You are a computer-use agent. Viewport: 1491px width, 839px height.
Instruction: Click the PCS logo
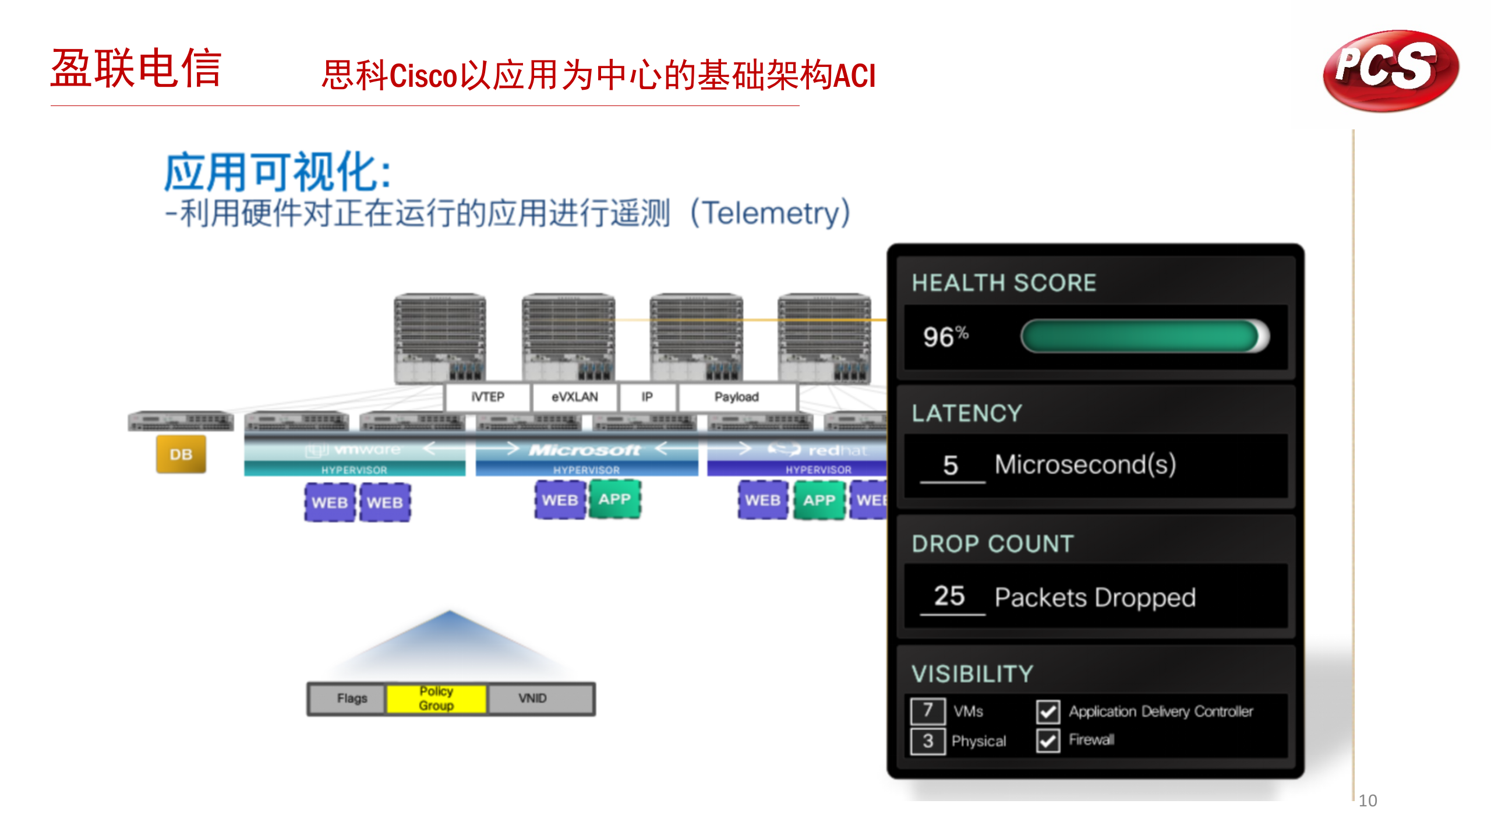pos(1390,70)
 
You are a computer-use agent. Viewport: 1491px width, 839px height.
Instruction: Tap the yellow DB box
pos(181,454)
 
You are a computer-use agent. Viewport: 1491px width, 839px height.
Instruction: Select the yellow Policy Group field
pos(436,698)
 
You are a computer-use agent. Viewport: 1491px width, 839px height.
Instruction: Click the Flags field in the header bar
pos(352,698)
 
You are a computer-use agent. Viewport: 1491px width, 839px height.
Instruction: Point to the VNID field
pos(532,698)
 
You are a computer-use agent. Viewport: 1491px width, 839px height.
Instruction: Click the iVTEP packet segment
pos(487,397)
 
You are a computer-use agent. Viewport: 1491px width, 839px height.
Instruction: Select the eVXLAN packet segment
pos(574,397)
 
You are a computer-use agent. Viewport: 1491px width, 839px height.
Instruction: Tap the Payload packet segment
pos(736,397)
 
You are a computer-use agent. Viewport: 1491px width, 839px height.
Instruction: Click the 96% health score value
pos(945,336)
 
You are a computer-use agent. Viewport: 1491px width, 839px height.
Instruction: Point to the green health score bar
pos(1142,336)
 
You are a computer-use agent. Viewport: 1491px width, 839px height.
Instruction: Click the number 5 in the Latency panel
pos(951,465)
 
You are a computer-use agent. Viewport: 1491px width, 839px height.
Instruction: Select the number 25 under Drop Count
pos(949,595)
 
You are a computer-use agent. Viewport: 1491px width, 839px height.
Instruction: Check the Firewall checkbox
pos(1048,741)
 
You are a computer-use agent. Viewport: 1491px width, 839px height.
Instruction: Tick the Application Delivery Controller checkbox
pos(1048,711)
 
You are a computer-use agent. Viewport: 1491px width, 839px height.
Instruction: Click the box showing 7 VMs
pos(928,710)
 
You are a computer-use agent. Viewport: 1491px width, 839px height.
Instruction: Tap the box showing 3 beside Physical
pos(928,741)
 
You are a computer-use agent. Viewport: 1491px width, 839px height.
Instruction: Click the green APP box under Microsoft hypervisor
pos(614,499)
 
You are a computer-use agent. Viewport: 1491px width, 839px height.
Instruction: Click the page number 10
pos(1368,801)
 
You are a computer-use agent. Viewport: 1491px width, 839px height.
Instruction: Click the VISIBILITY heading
pos(972,674)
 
